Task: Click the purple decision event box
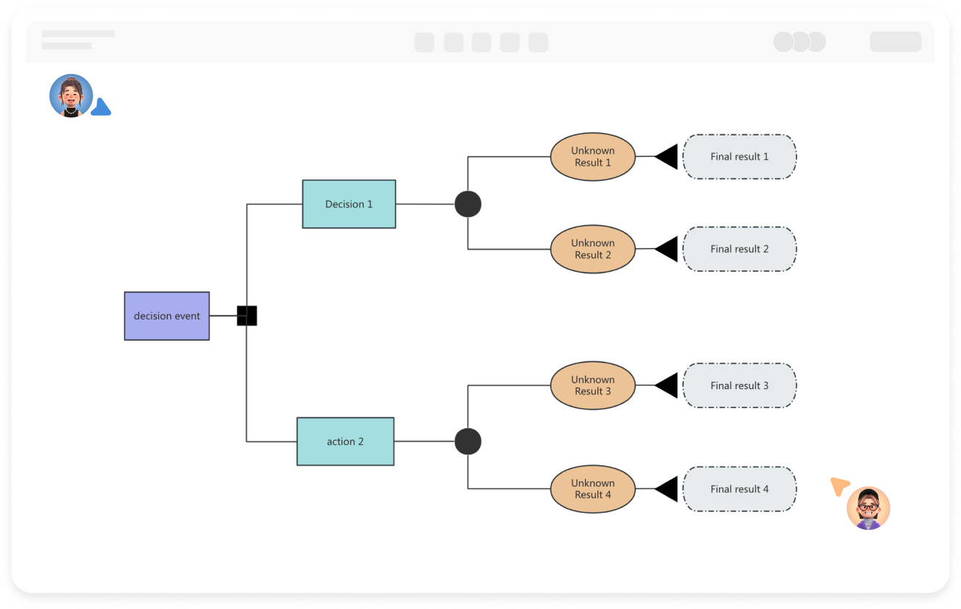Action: tap(166, 316)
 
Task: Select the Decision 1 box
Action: tap(349, 204)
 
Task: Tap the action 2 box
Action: tap(345, 441)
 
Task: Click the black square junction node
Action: tap(247, 316)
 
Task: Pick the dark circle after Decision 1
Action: tap(468, 204)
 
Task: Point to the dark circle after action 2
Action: tap(468, 441)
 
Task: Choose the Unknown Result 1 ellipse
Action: tap(592, 156)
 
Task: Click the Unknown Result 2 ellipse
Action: tap(592, 249)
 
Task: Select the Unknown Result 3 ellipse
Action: tap(592, 385)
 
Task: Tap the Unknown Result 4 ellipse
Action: tap(592, 489)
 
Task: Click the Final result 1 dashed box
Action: tap(739, 156)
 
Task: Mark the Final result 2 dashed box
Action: tap(739, 249)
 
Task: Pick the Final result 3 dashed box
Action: tap(739, 385)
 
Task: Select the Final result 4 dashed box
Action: tap(739, 489)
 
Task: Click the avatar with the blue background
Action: tap(71, 96)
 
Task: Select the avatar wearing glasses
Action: tap(868, 508)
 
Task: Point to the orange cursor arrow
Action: tap(839, 486)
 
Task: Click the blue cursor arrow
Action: tap(101, 108)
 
